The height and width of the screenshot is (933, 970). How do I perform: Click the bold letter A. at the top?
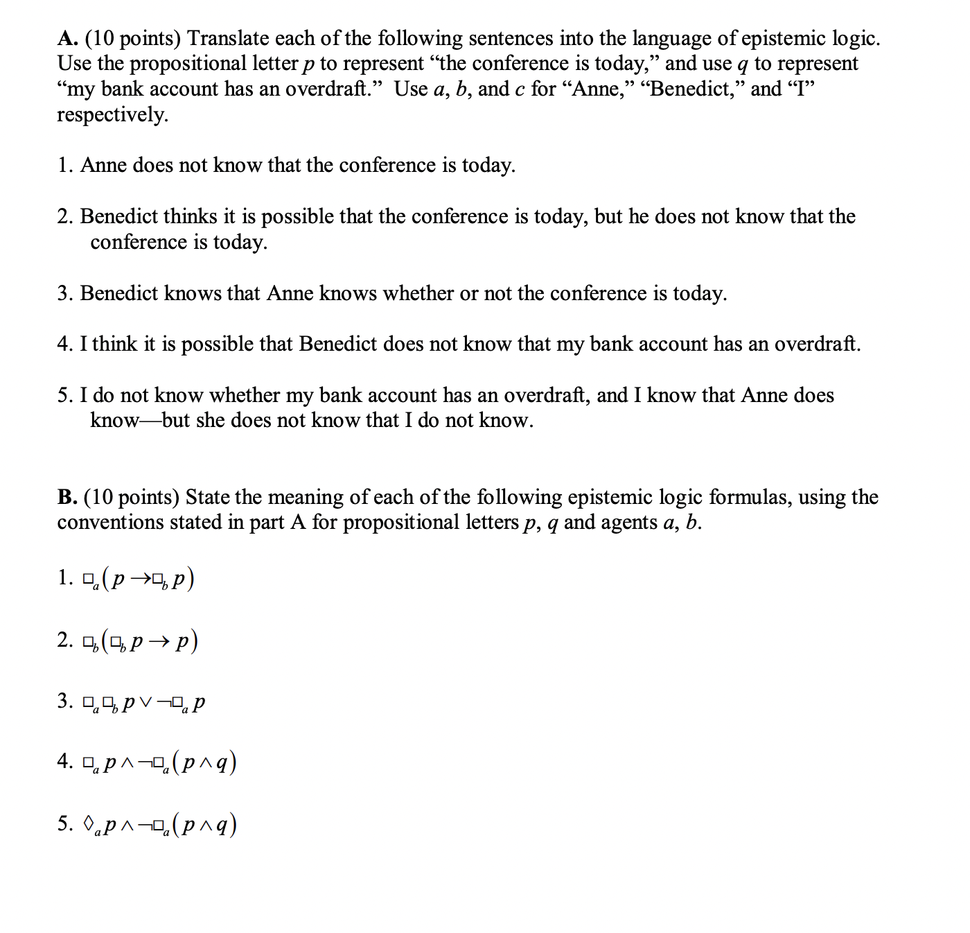[x=67, y=38]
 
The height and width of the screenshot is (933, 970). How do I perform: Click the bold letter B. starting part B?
[x=67, y=497]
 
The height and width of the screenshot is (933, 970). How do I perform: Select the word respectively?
[x=112, y=114]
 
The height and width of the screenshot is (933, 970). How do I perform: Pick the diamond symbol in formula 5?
[x=88, y=825]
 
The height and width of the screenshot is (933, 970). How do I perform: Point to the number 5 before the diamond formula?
[x=64, y=824]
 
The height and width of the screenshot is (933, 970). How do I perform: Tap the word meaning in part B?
[x=305, y=497]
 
